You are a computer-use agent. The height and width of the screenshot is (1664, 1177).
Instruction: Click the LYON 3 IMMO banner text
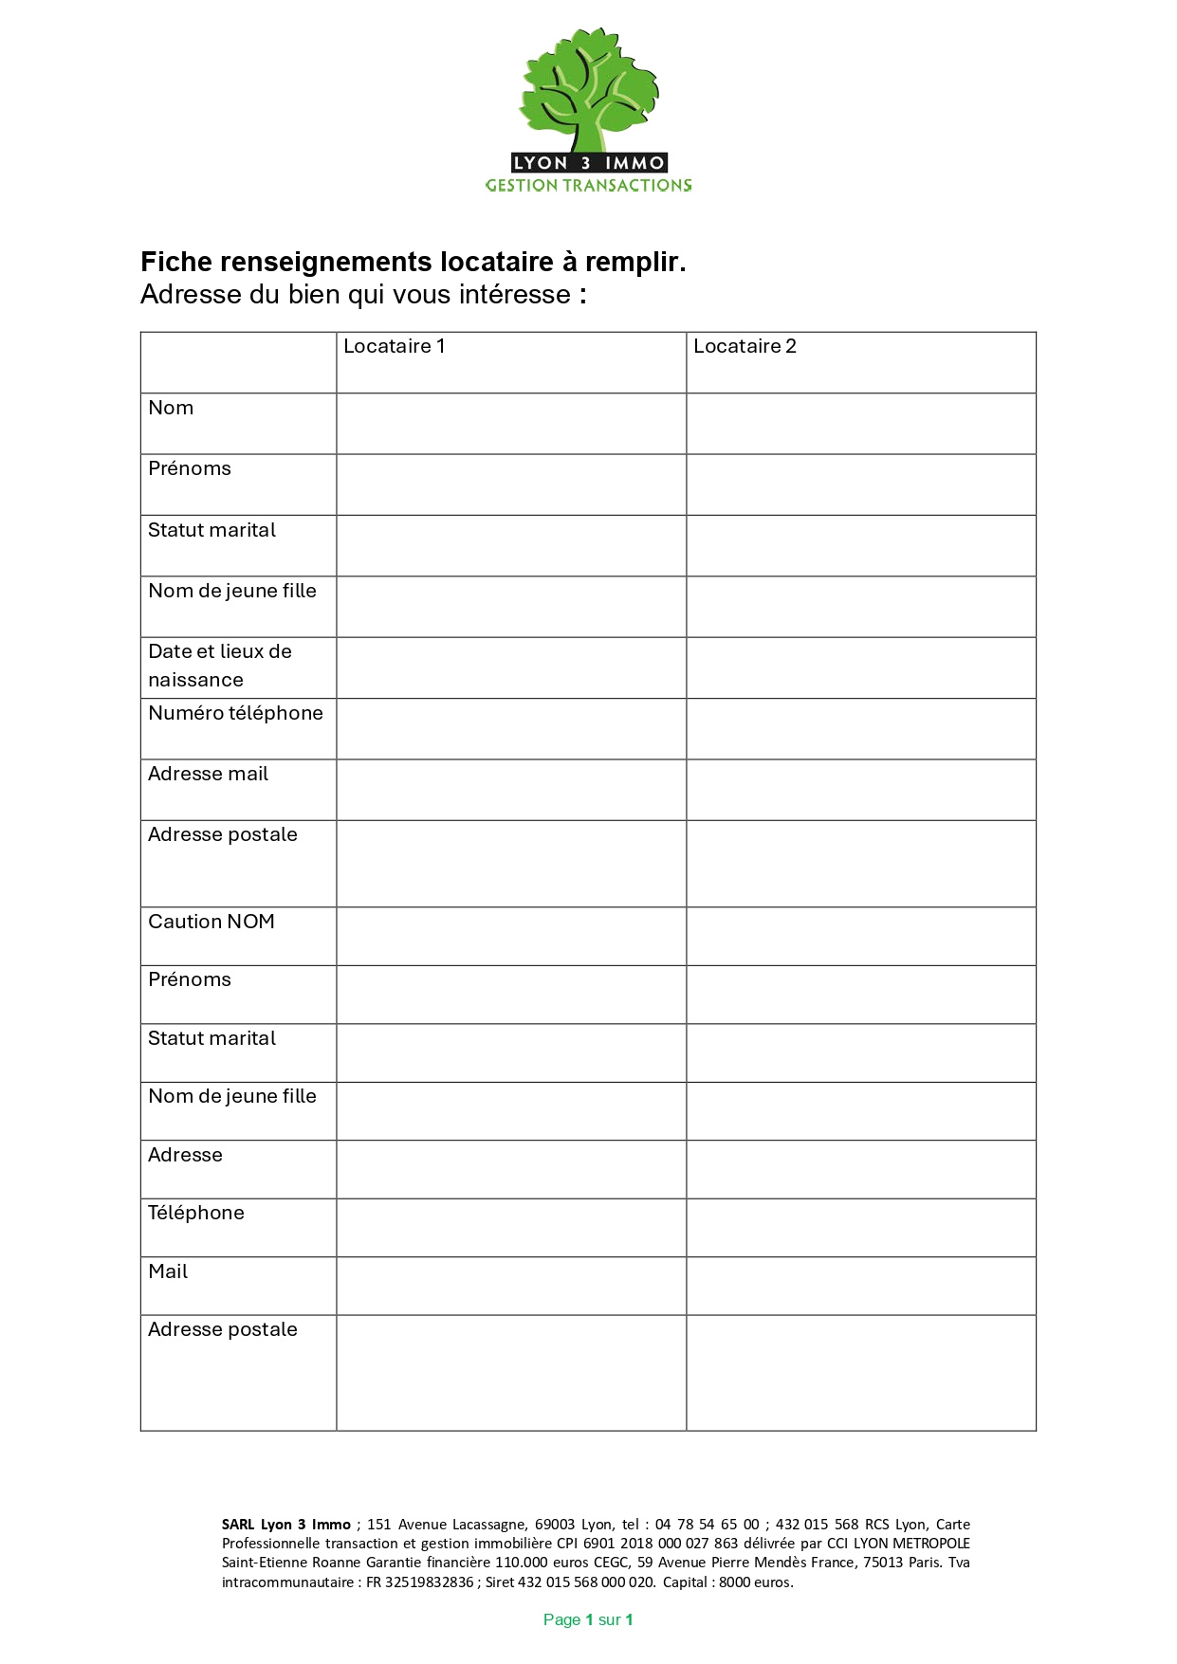click(x=588, y=163)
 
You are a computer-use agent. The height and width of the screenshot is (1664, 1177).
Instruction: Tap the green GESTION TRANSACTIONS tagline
click(x=588, y=186)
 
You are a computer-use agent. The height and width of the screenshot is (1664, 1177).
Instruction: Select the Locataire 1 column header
click(x=394, y=347)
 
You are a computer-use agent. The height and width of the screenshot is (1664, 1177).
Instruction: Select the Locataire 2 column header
click(x=745, y=347)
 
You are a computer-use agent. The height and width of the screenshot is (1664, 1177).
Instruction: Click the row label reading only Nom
click(x=171, y=409)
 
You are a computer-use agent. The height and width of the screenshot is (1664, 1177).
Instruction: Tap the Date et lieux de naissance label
click(x=219, y=666)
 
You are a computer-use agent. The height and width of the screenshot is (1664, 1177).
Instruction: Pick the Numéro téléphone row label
click(x=235, y=714)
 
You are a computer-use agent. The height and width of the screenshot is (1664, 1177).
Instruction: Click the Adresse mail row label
click(x=208, y=775)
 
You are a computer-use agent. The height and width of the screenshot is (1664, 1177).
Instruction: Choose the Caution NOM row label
click(x=211, y=923)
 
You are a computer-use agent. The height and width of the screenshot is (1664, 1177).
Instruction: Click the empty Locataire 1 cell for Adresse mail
click(x=511, y=790)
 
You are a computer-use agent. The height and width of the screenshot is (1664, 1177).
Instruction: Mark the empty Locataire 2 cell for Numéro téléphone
click(x=861, y=729)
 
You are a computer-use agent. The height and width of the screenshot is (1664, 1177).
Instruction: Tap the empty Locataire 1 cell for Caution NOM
click(x=511, y=937)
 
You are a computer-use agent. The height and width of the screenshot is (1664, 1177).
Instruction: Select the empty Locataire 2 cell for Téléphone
click(x=861, y=1228)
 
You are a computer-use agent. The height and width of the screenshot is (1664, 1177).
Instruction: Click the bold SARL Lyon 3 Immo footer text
click(x=285, y=1525)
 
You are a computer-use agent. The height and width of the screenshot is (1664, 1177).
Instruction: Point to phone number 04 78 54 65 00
click(x=707, y=1525)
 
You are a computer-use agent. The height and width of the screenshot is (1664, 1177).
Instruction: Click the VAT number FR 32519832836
click(x=419, y=1582)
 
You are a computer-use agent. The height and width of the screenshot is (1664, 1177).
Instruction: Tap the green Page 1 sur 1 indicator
click(x=588, y=1620)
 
